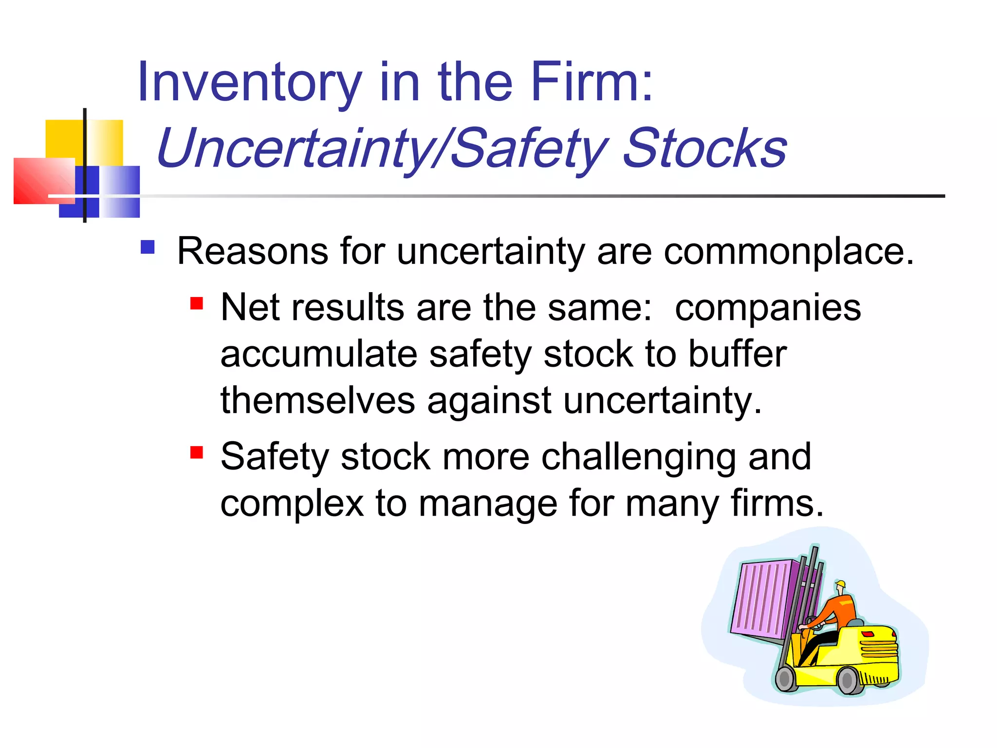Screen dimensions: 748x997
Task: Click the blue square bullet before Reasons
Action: tap(148, 247)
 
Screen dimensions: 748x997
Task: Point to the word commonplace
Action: tap(789, 252)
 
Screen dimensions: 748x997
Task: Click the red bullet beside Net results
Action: tap(197, 304)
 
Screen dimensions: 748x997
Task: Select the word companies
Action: tap(768, 308)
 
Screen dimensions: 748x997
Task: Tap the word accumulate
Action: tap(319, 354)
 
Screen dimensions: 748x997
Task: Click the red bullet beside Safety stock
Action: tap(197, 453)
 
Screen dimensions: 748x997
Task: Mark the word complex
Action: tap(292, 504)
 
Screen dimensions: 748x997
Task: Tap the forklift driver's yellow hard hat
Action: tap(841, 584)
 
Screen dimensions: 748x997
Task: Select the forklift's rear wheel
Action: tap(848, 680)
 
